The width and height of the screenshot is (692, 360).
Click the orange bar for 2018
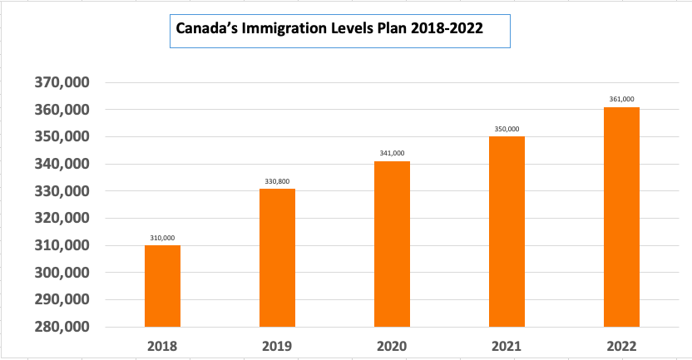coord(162,286)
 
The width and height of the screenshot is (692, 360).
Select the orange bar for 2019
coord(277,258)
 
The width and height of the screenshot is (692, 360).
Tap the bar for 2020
coord(392,244)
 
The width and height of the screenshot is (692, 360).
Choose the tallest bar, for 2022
coord(621,217)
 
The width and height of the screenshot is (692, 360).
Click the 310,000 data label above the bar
coord(162,237)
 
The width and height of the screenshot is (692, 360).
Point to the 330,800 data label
coord(277,180)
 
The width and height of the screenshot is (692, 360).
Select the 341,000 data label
coord(392,153)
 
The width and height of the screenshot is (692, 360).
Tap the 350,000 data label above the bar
coord(507,129)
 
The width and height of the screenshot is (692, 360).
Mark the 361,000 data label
coord(621,99)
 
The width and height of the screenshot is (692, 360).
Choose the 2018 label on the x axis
coord(162,345)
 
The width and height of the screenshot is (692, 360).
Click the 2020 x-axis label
coord(392,345)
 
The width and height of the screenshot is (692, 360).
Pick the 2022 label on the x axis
coord(621,345)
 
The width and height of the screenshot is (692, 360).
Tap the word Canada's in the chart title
coord(205,27)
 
